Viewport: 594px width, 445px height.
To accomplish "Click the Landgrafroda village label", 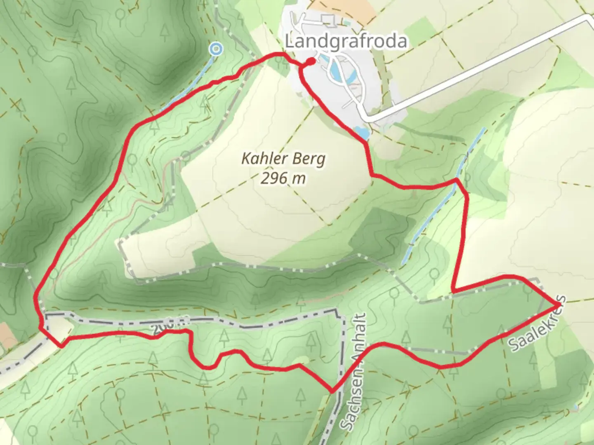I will (x=346, y=41).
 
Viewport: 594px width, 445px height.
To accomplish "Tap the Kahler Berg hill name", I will (x=283, y=159).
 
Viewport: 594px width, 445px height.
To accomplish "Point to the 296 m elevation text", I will (x=283, y=178).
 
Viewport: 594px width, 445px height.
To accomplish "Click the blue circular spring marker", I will (x=215, y=49).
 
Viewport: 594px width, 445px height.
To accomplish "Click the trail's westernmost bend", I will (x=36, y=297).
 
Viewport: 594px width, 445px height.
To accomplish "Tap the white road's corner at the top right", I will (x=589, y=19).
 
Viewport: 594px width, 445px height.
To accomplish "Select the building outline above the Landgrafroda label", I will (x=328, y=19).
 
